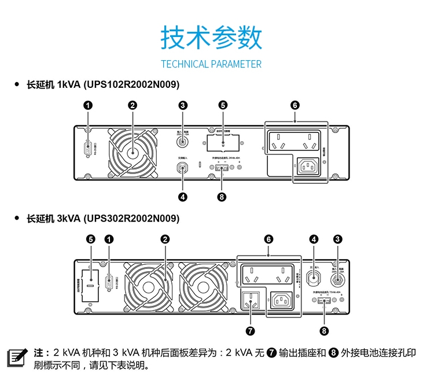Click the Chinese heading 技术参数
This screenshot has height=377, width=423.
point(211,37)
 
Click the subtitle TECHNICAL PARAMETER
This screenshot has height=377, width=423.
point(211,64)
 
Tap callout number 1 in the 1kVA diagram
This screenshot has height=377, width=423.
point(88,105)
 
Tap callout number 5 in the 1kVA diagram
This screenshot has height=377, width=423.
point(223,105)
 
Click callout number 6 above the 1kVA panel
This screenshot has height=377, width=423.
point(295,105)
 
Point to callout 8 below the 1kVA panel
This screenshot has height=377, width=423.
point(222,197)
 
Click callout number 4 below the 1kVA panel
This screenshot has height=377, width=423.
point(183,197)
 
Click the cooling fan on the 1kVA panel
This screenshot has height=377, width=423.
point(133,152)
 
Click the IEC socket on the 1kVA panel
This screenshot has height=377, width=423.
point(307,167)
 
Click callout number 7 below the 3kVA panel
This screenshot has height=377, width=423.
point(250,331)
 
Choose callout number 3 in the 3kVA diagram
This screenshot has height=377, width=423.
point(338,239)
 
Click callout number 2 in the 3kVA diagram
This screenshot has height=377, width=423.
point(165,239)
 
